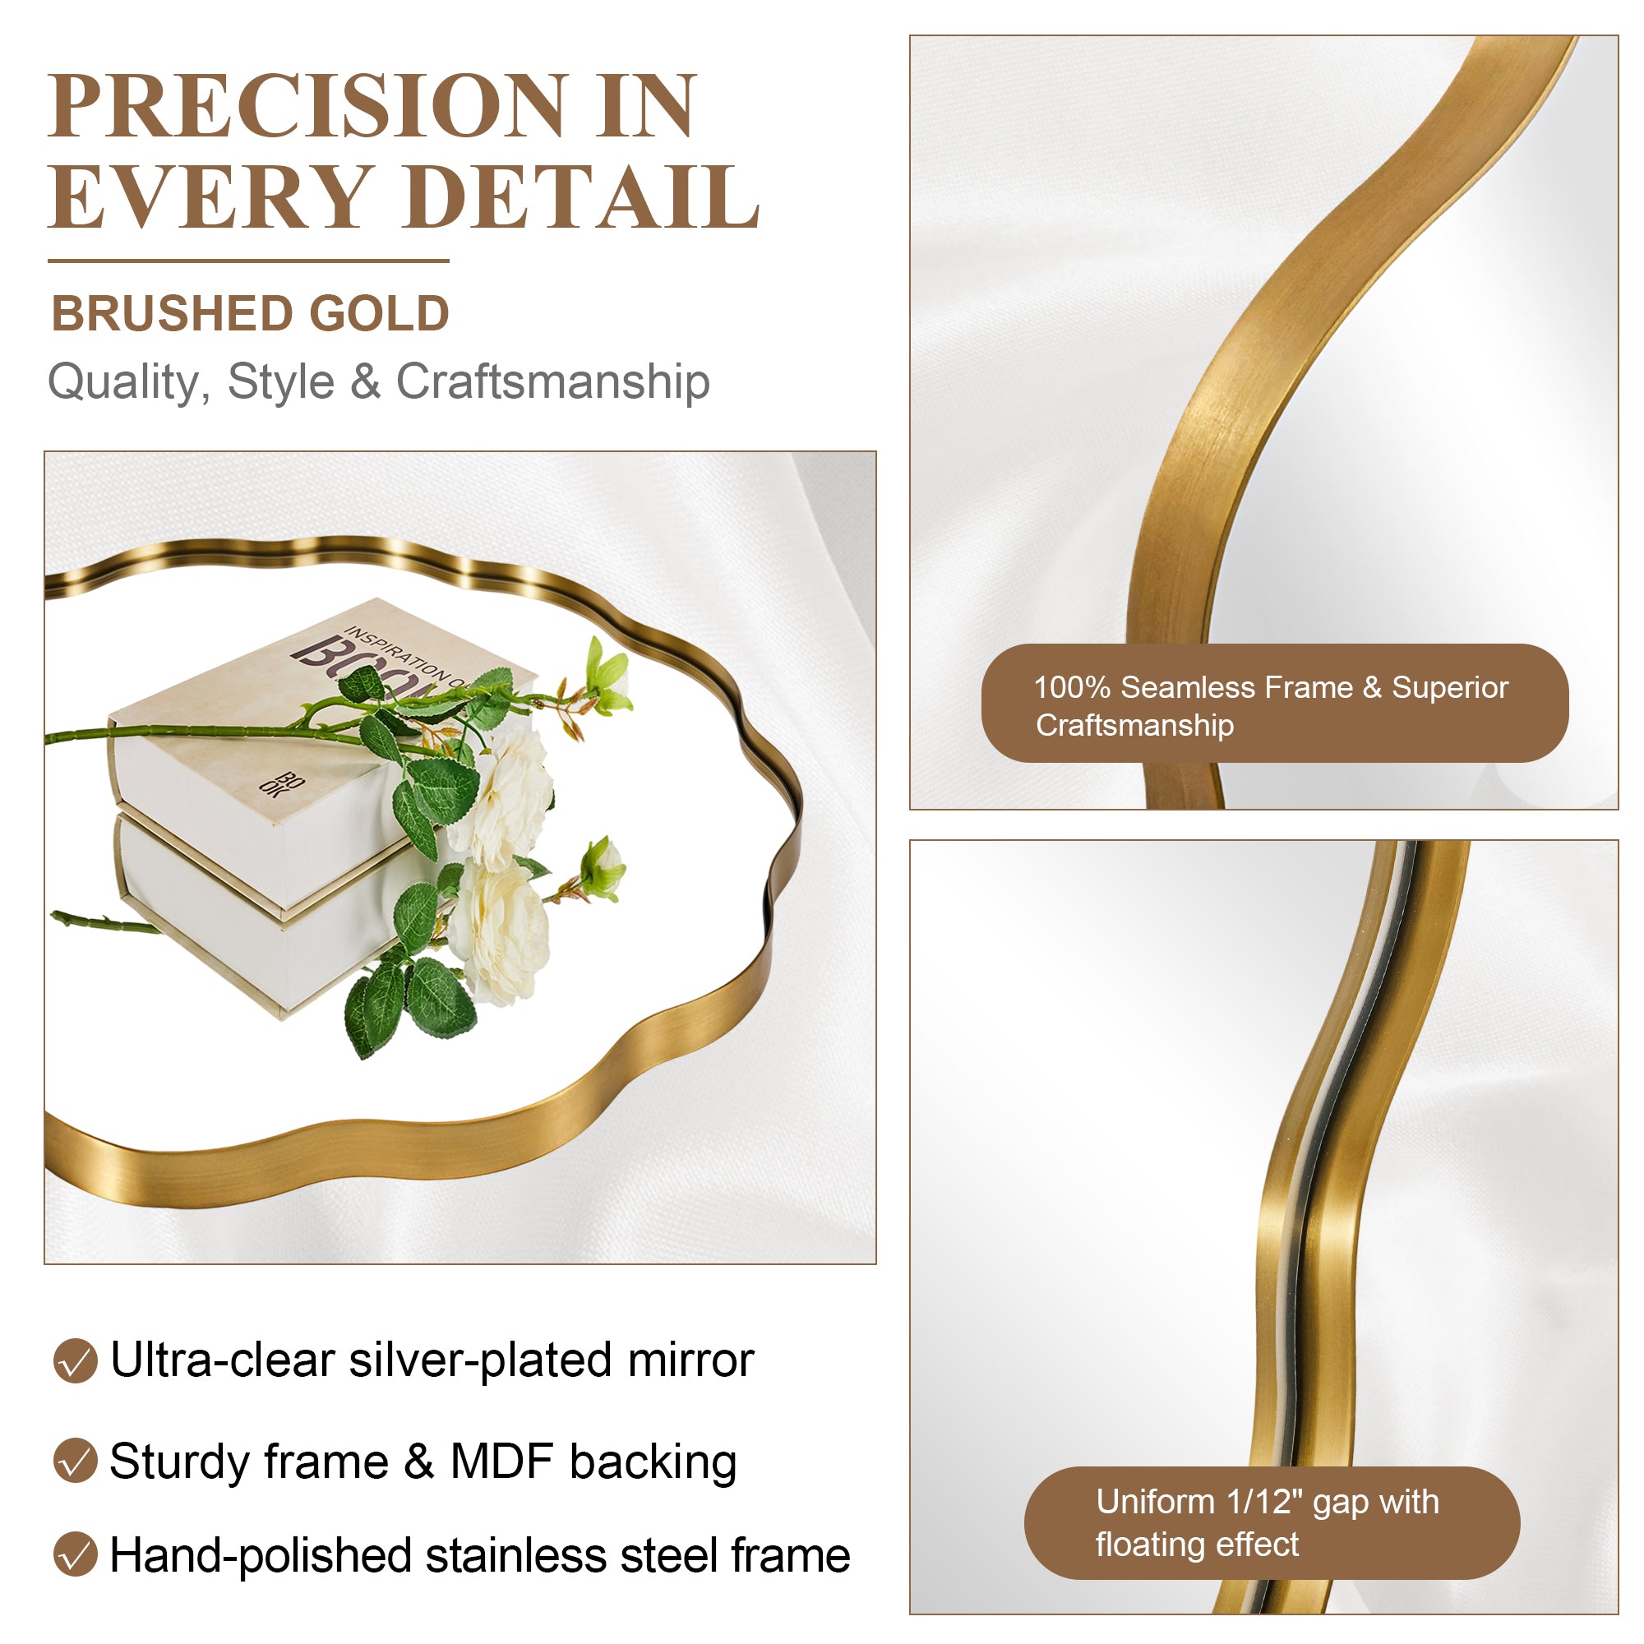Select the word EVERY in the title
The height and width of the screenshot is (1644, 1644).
[211, 197]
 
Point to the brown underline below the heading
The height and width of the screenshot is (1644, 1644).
[248, 261]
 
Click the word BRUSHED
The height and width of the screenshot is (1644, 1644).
[173, 313]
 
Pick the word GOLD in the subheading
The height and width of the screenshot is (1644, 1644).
[379, 313]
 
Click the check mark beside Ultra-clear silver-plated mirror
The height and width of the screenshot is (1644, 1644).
[75, 1360]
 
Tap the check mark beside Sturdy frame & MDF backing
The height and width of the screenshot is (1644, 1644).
[75, 1460]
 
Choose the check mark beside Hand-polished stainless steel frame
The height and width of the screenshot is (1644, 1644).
[75, 1554]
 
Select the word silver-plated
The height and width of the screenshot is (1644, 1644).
[481, 1361]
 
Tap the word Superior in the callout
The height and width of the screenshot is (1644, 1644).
[1450, 687]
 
